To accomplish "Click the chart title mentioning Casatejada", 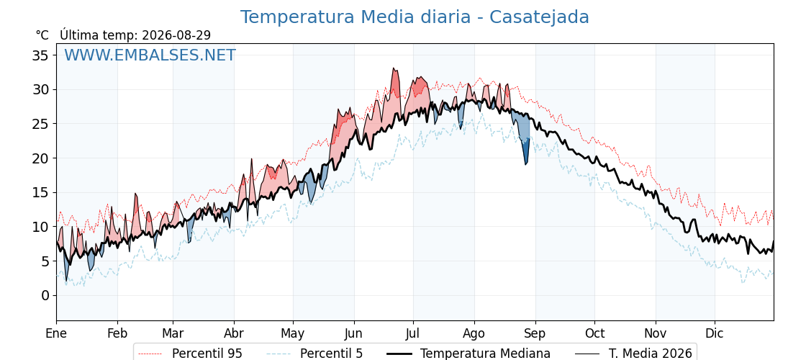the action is (x=415, y=17).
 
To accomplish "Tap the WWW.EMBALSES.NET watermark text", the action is (x=150, y=55).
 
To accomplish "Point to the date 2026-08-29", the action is (x=176, y=35).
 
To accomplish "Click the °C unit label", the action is (x=42, y=35).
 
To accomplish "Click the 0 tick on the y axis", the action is (x=46, y=295).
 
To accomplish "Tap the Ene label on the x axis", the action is (x=56, y=333).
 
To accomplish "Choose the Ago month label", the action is (x=474, y=333).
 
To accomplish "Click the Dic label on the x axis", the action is (x=714, y=333).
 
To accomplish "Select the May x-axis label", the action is (x=293, y=333).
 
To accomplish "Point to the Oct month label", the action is (x=594, y=333).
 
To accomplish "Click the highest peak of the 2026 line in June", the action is (x=393, y=68).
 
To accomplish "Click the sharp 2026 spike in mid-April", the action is (x=252, y=159).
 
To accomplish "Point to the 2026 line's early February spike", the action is (x=136, y=194).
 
